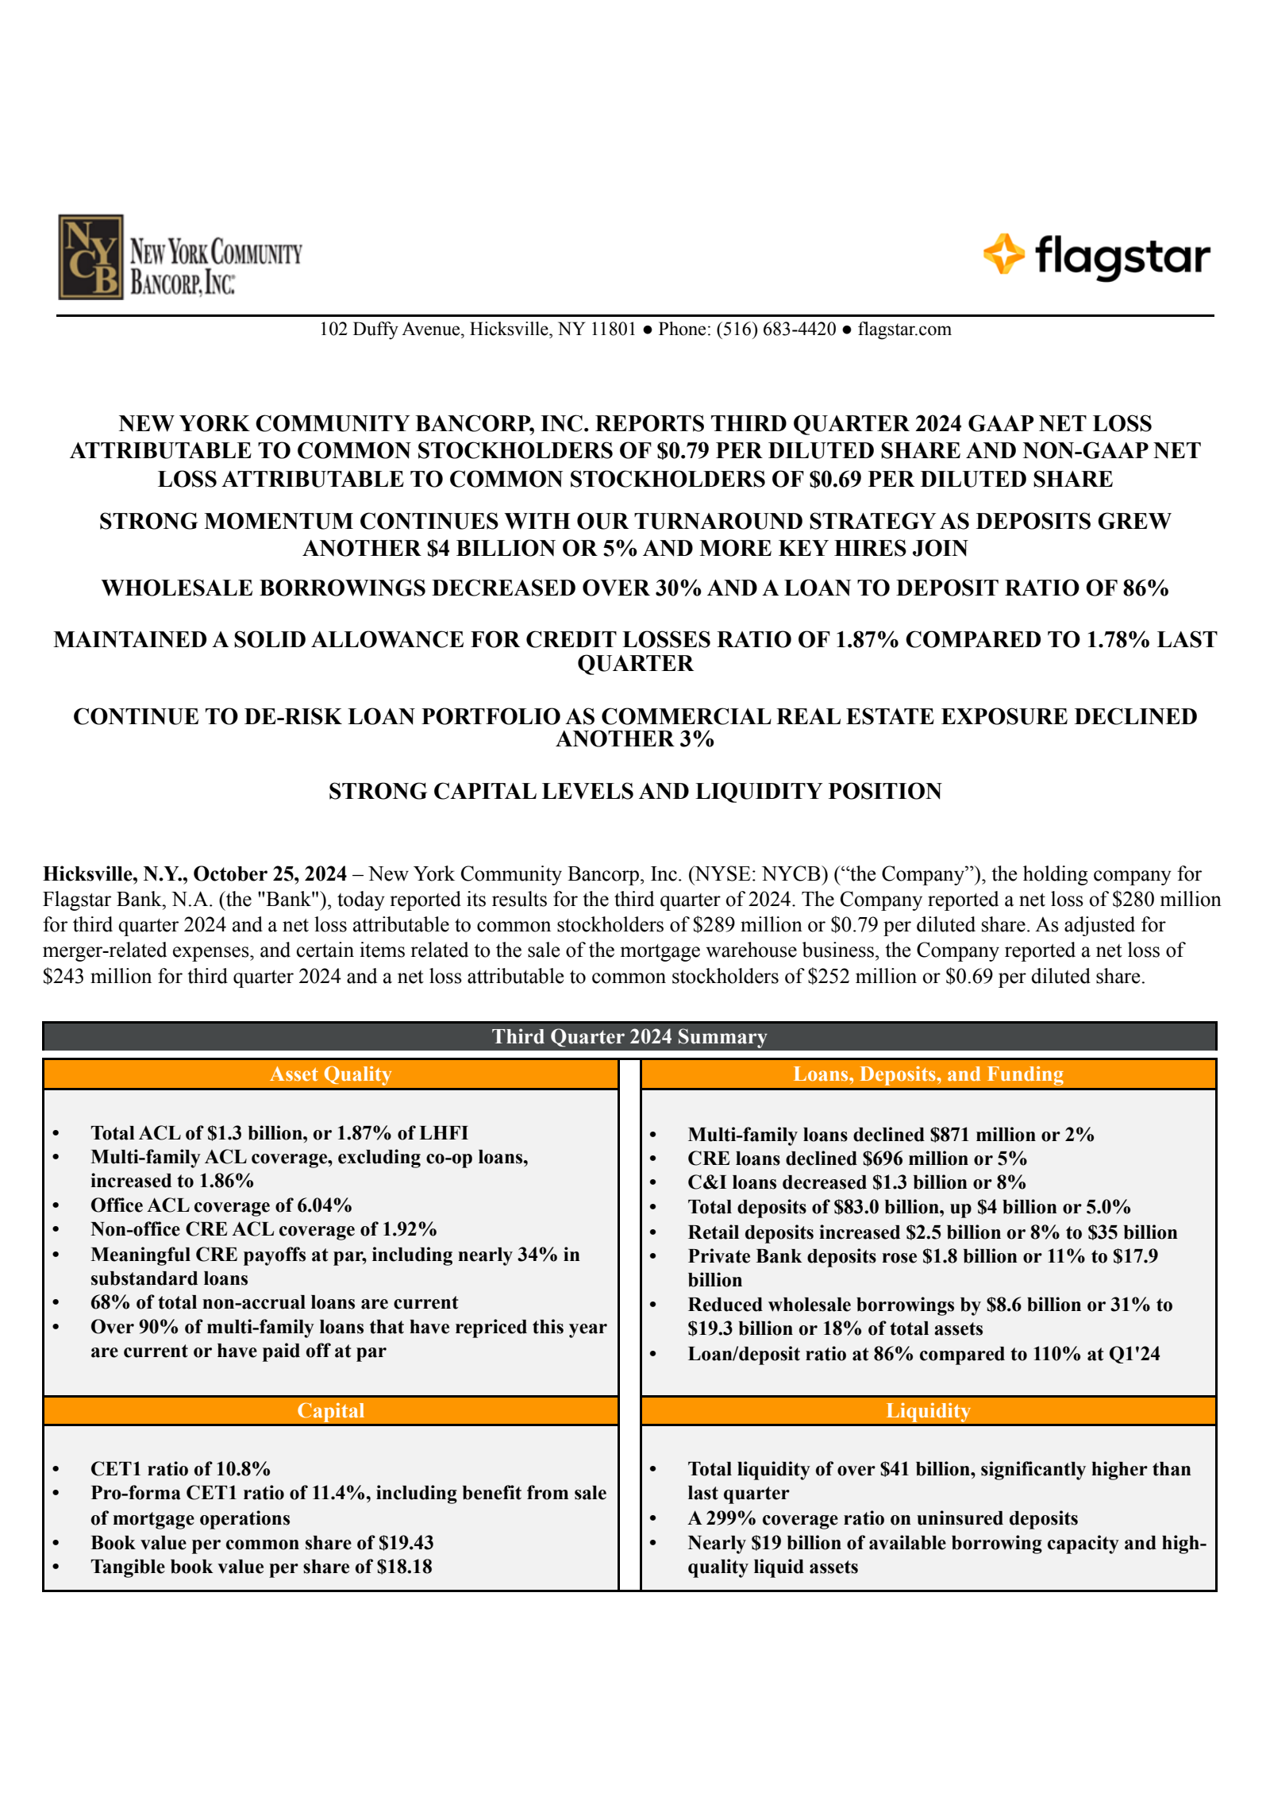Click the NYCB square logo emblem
(90, 256)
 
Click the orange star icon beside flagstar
(1003, 254)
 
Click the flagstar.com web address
(904, 330)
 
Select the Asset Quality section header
(330, 1074)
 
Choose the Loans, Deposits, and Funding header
(928, 1074)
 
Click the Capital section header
(330, 1411)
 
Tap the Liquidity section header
(928, 1411)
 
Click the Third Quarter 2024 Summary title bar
(629, 1037)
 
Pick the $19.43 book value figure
(406, 1543)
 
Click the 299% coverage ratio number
(730, 1518)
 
